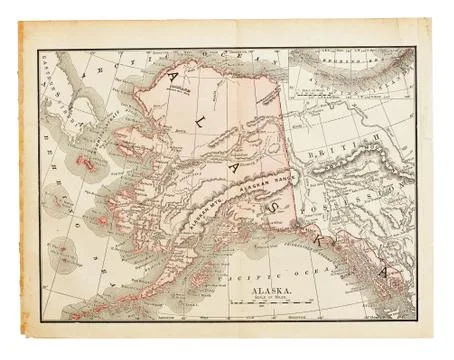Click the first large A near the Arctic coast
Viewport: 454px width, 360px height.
pos(148,80)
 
